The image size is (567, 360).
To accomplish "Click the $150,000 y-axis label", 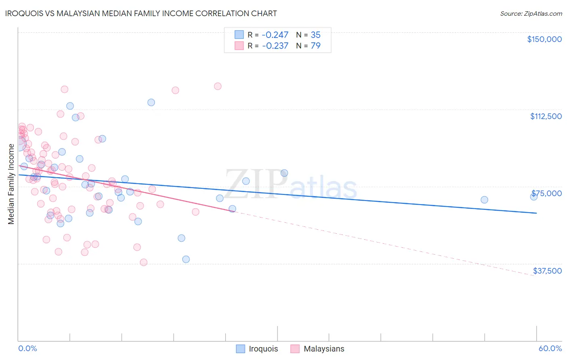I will point(544,39).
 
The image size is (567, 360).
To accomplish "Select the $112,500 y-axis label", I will point(546,116).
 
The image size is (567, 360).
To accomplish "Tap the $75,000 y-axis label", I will point(546,193).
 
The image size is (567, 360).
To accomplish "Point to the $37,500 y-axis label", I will point(547,271).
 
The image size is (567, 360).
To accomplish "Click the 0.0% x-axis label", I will point(27,349).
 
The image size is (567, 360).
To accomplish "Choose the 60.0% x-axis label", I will point(550,349).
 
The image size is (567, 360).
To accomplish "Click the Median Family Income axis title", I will point(11,184).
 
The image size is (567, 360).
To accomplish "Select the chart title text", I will point(141,13).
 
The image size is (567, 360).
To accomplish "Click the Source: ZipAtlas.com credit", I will point(531,14).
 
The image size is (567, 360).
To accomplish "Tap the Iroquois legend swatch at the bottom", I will point(241,349).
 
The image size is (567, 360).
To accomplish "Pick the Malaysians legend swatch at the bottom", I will point(295,349).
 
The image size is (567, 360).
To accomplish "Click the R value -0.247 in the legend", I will point(275,35).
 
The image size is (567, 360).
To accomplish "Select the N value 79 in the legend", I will point(315,46).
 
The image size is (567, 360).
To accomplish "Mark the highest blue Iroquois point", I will point(151,103).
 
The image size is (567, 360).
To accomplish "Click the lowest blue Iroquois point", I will point(186,260).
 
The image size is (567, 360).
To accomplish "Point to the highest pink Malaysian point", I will point(218,86).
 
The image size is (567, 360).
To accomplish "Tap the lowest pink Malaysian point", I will point(144,262).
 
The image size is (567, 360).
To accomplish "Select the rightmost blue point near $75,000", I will point(534,197).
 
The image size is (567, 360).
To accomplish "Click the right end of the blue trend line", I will point(537,213).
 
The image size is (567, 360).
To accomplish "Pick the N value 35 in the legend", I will point(315,35).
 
